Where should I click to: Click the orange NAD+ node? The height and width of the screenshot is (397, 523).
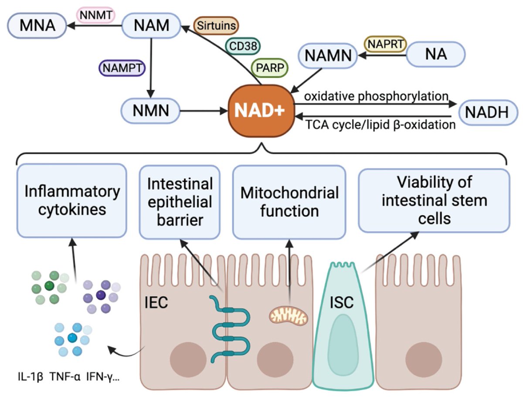click(260, 110)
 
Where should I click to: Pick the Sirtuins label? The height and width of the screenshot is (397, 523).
click(216, 26)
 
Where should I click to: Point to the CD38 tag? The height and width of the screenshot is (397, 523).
click(243, 46)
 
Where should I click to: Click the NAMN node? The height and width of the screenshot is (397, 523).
click(328, 56)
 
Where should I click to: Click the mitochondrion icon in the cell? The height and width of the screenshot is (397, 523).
click(289, 314)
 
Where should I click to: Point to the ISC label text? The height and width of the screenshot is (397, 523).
click(341, 302)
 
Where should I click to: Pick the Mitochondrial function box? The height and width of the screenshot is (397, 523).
click(289, 202)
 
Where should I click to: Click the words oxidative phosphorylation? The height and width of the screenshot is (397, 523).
click(377, 95)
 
